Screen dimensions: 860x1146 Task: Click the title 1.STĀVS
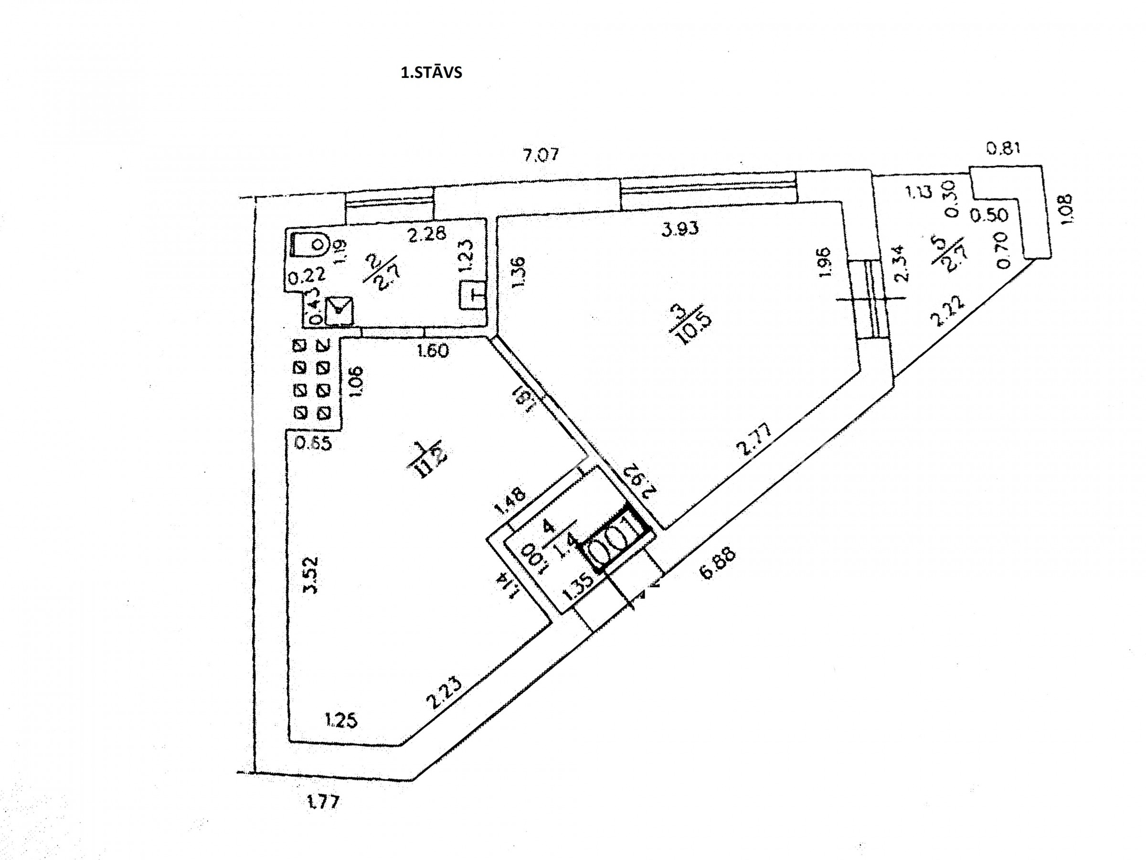tap(431, 73)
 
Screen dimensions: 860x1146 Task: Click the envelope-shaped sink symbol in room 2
tap(339, 310)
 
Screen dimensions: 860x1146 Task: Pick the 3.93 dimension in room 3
tap(680, 228)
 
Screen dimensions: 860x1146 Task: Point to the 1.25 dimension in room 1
tap(341, 720)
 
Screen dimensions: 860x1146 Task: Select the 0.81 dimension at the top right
tap(1003, 149)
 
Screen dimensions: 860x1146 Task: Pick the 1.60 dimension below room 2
tap(433, 351)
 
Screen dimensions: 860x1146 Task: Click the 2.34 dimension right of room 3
tap(902, 263)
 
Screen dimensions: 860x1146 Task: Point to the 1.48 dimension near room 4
tap(510, 501)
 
